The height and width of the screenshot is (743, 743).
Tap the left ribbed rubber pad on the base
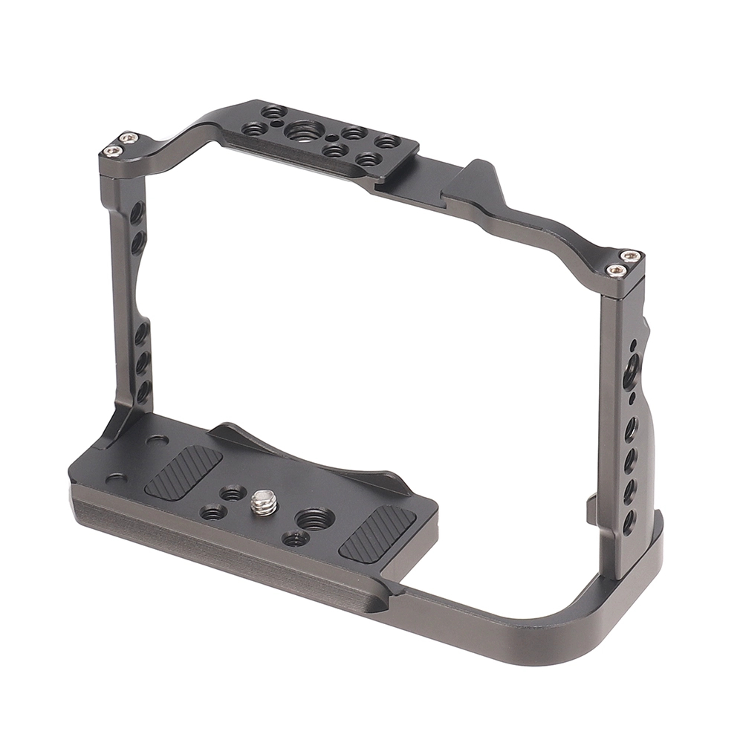click(x=183, y=472)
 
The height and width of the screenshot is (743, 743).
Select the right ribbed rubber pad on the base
click(x=377, y=533)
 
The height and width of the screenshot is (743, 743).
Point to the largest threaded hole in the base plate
click(x=314, y=518)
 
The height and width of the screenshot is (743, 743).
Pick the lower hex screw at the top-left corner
click(x=112, y=151)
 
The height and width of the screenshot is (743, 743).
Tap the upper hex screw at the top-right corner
click(x=630, y=256)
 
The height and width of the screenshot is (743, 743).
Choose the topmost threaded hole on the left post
click(x=137, y=213)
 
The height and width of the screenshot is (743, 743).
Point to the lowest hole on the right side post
click(x=629, y=521)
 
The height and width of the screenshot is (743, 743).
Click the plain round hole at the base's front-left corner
click(x=115, y=478)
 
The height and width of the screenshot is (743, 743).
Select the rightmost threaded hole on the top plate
click(x=388, y=141)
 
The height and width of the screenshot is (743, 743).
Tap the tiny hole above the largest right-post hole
click(x=633, y=346)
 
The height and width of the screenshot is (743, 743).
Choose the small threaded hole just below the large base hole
click(x=295, y=538)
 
